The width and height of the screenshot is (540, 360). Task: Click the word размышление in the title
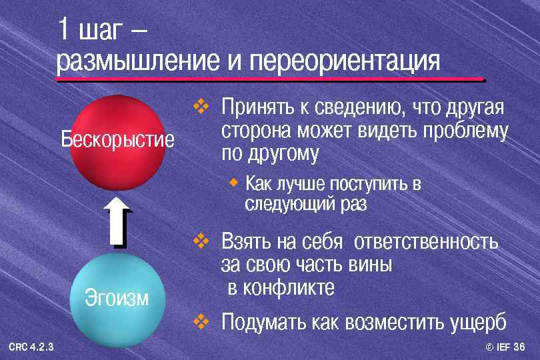pos(137,61)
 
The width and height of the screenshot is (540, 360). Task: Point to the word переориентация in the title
pos(345,61)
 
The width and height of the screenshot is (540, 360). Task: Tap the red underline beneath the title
pos(270,80)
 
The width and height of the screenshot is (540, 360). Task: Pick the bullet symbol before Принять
pos(201,107)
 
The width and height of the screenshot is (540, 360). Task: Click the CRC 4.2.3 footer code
pos(31,347)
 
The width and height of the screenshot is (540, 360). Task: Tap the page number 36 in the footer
pos(520,347)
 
